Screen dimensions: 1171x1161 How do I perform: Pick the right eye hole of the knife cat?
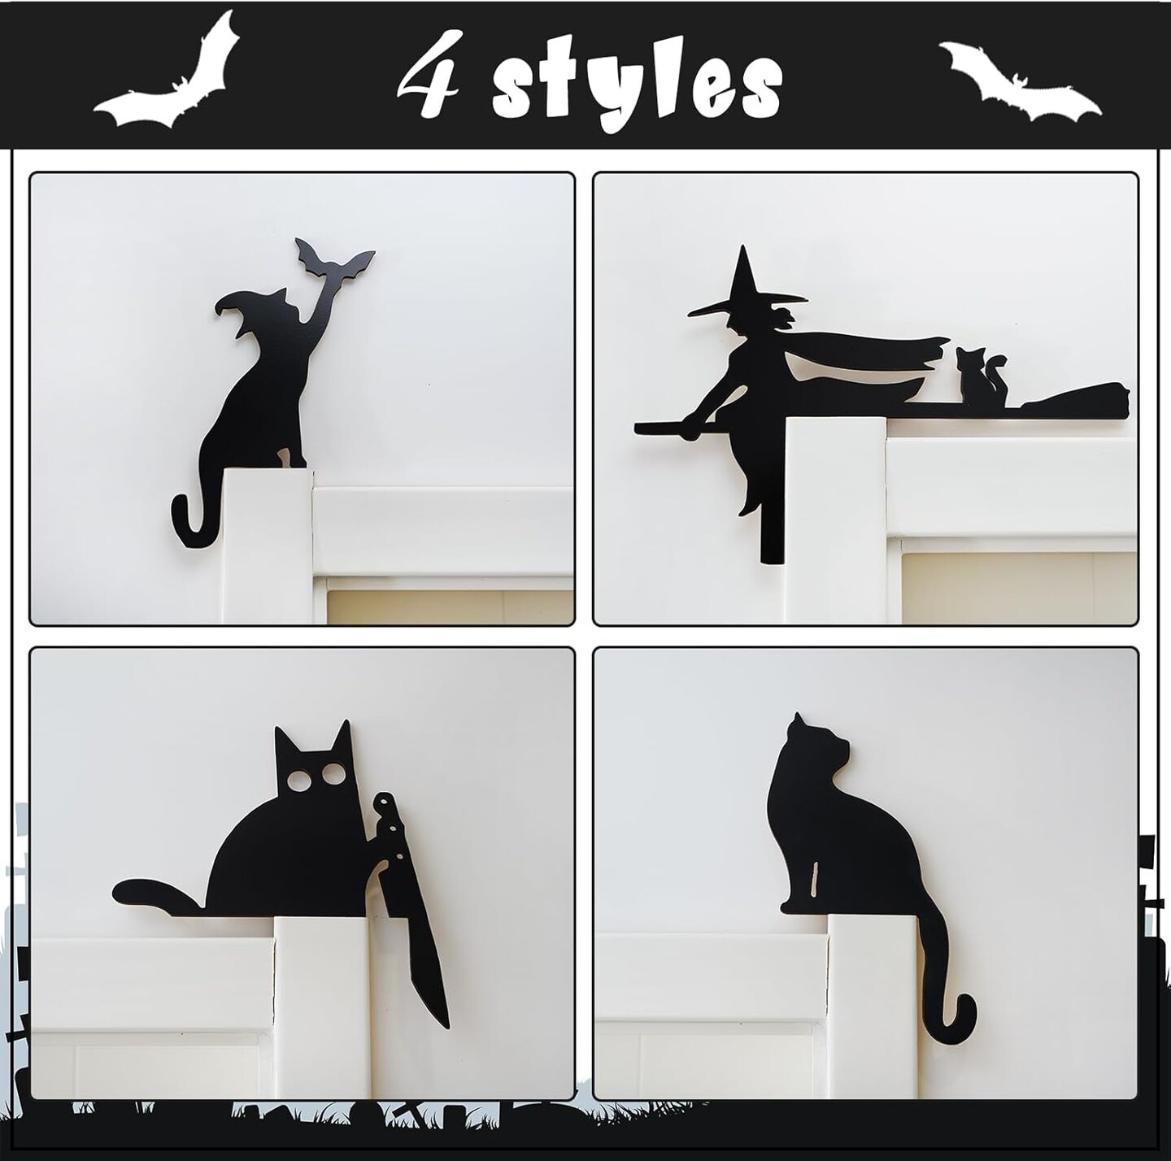click(x=331, y=774)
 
